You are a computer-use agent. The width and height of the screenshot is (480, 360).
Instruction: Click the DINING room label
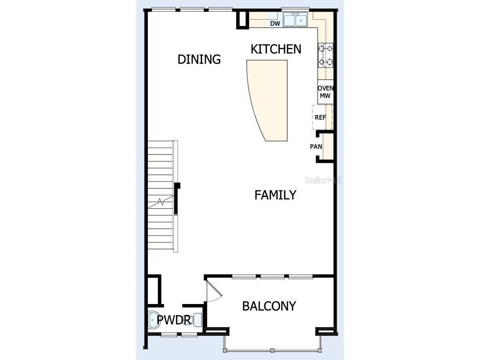click(199, 59)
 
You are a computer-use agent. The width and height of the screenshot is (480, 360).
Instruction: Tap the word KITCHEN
click(276, 49)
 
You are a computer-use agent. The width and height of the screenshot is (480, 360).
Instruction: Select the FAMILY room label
click(275, 195)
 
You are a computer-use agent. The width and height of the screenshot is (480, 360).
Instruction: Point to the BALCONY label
click(269, 306)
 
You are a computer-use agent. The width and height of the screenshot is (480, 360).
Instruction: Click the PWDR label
click(172, 320)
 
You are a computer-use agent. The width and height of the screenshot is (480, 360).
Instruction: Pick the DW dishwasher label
click(275, 23)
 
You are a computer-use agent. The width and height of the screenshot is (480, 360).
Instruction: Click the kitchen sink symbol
click(295, 21)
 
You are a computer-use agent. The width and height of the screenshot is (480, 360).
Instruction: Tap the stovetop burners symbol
click(326, 55)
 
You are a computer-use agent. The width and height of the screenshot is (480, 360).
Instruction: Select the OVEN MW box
click(325, 92)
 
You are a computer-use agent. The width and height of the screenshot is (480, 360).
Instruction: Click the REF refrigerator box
click(321, 117)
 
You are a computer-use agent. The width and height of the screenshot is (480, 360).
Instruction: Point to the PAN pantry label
click(316, 147)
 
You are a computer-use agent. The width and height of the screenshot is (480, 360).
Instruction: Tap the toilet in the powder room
click(154, 320)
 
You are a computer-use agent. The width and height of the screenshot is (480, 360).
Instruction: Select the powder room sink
click(197, 319)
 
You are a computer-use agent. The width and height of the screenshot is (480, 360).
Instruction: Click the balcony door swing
click(213, 292)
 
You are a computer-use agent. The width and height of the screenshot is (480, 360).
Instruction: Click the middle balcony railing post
click(272, 350)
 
